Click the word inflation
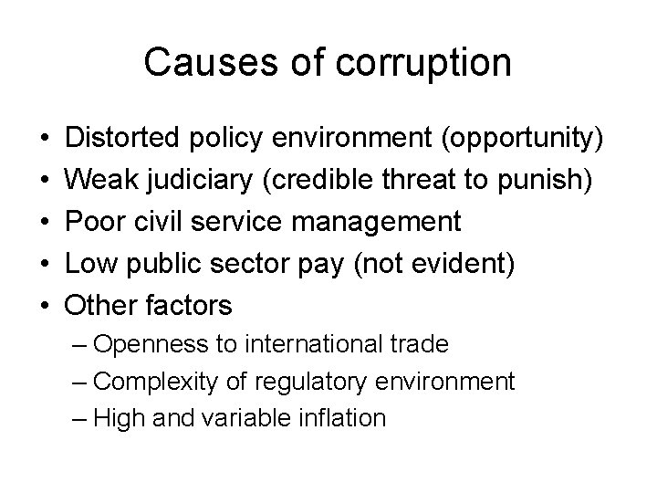point(343,418)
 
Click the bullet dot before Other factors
point(46,304)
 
